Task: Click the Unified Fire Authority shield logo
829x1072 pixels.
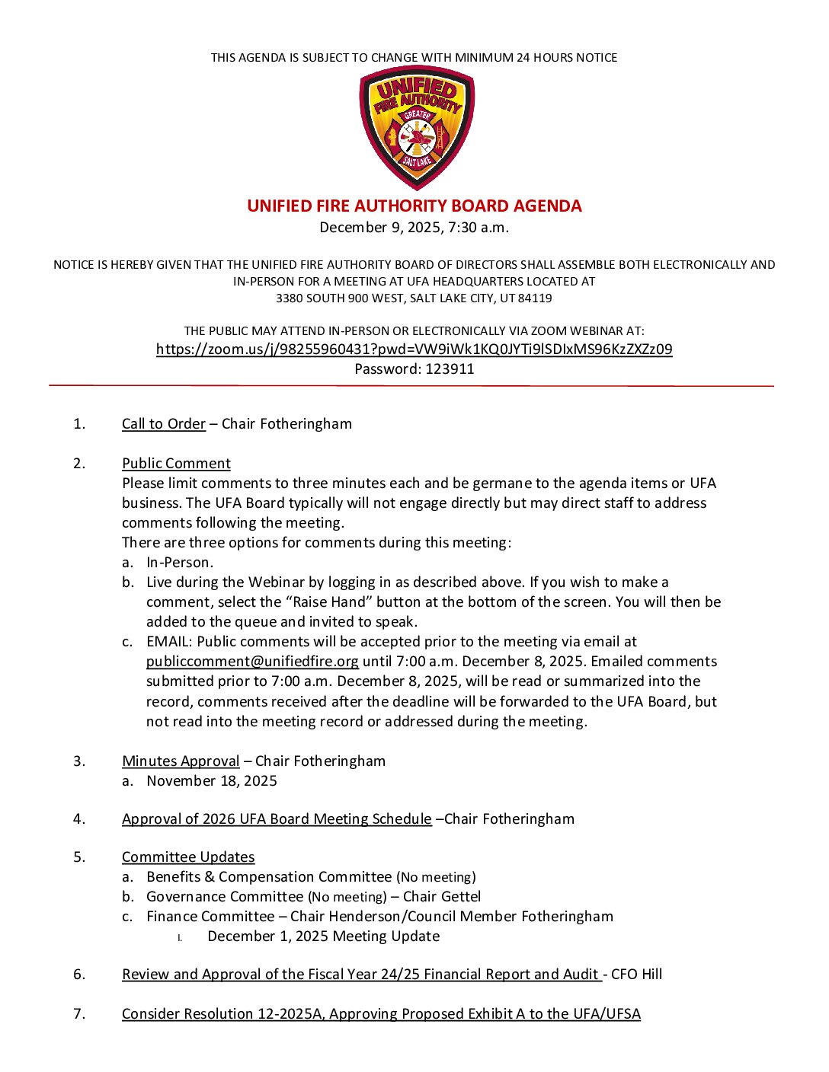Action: click(416, 127)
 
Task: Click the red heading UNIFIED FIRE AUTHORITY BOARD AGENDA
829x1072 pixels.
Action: click(414, 206)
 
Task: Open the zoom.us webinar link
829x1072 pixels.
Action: click(414, 349)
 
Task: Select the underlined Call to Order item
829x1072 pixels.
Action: click(164, 424)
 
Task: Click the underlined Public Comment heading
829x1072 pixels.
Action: click(176, 464)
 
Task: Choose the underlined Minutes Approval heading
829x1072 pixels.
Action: click(181, 761)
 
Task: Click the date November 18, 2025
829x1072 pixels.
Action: click(212, 781)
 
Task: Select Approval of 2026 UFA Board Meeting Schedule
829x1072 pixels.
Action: click(277, 819)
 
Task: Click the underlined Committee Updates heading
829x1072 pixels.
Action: click(188, 857)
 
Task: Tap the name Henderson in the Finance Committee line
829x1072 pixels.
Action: click(363, 917)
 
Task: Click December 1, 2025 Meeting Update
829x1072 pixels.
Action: click(323, 936)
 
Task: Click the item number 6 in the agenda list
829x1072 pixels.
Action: click(79, 975)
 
